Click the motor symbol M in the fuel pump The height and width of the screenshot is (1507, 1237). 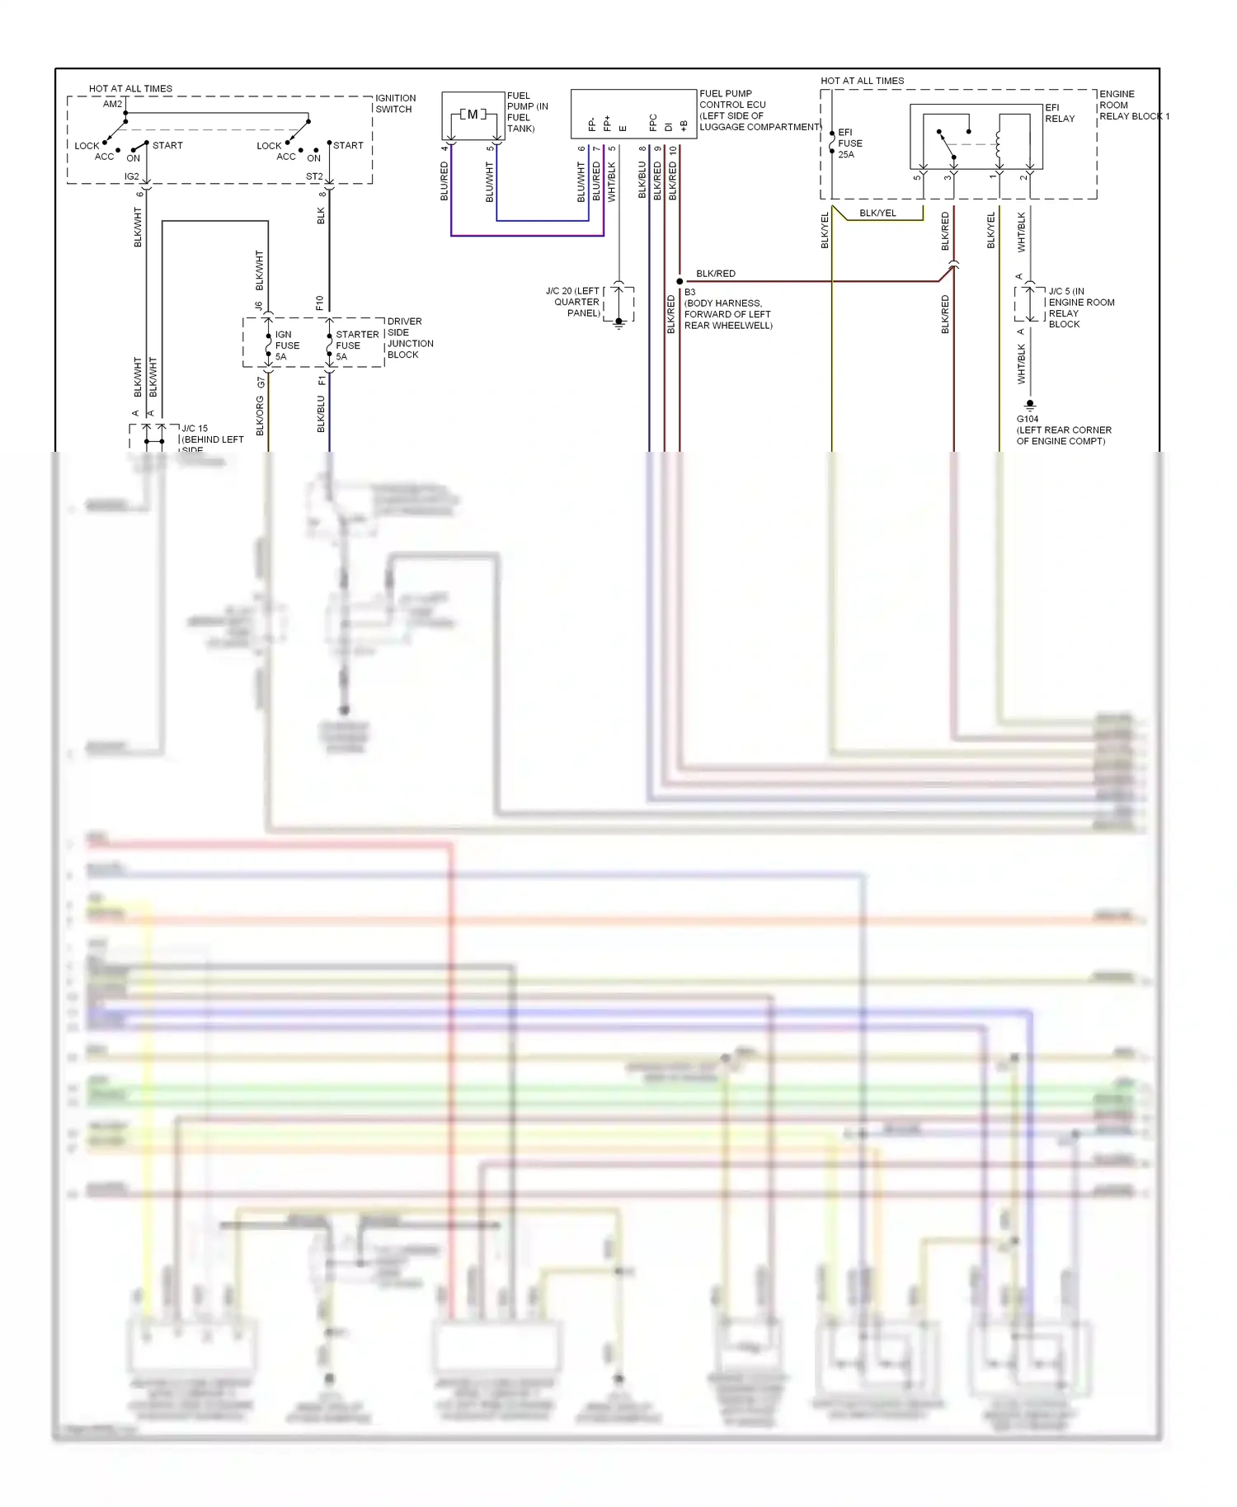click(x=473, y=115)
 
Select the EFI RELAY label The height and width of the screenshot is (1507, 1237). click(x=1059, y=113)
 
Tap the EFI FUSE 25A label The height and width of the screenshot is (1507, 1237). click(x=849, y=143)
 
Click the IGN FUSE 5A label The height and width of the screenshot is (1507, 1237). click(x=286, y=345)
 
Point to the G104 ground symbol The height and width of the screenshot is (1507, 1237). click(x=1029, y=405)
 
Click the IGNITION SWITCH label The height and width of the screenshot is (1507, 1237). click(x=395, y=104)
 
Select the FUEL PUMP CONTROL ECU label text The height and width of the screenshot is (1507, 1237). click(x=759, y=110)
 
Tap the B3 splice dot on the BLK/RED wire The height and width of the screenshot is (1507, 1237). click(x=680, y=281)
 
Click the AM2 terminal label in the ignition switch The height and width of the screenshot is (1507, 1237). click(x=112, y=104)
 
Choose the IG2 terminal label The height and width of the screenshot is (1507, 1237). click(x=131, y=176)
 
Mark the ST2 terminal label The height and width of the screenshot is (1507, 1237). click(x=313, y=176)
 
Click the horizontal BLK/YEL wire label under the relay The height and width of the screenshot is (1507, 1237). click(x=877, y=213)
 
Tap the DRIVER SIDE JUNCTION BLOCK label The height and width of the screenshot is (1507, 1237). click(x=409, y=338)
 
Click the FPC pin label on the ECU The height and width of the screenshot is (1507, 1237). click(x=653, y=123)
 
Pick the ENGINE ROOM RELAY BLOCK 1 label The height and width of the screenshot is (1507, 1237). click(x=1133, y=106)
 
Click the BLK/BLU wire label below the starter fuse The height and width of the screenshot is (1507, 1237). click(x=321, y=414)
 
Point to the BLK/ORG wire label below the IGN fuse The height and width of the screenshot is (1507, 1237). click(x=260, y=415)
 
